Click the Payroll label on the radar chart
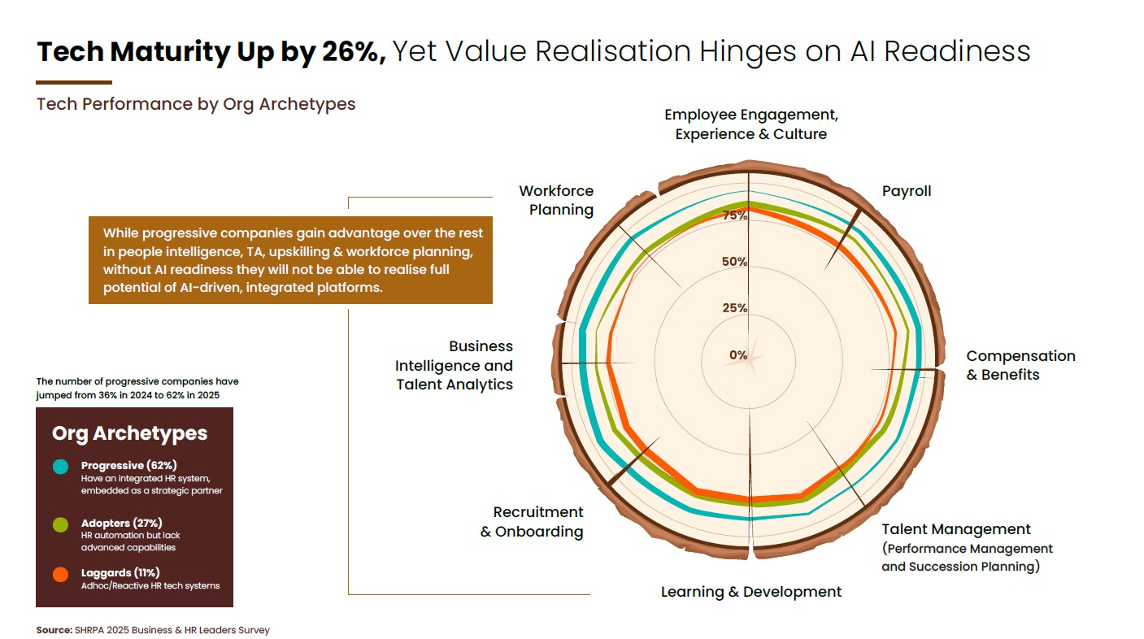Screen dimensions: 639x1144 907,191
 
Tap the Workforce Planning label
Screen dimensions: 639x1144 557,200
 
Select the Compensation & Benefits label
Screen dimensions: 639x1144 1020,365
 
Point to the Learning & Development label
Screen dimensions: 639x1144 751,592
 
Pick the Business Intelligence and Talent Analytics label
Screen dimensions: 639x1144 455,366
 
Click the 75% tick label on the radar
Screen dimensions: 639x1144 735,215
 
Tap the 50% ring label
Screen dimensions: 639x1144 735,262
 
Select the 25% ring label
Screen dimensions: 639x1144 735,308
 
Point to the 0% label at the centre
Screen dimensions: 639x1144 738,355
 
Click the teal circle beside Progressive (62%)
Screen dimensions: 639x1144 60,467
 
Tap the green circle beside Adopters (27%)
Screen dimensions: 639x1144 60,525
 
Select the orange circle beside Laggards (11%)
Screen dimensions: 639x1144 60,575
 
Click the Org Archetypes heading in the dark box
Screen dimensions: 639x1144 129,433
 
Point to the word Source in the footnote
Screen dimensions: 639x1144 53,630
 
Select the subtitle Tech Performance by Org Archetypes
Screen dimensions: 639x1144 196,104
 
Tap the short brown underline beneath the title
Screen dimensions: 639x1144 74,82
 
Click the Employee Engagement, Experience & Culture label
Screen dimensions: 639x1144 751,124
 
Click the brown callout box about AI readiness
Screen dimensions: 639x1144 290,260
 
